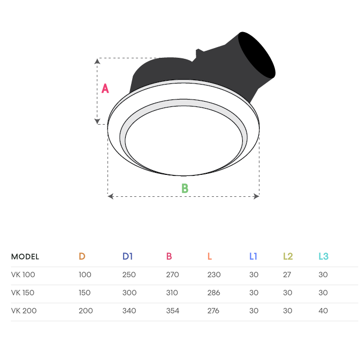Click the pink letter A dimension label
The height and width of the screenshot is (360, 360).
point(105,88)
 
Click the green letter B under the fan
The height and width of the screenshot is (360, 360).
point(185,188)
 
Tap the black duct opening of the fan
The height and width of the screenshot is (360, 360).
point(256,55)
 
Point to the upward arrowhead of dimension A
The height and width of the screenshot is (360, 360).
point(97,61)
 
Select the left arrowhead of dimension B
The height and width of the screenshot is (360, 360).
point(110,196)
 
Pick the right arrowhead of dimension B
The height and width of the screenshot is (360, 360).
point(256,196)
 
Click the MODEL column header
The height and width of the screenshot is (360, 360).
point(25,256)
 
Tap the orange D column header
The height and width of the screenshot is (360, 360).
point(82,256)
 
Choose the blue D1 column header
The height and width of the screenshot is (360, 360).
point(127,256)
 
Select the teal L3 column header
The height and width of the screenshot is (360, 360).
point(324,256)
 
